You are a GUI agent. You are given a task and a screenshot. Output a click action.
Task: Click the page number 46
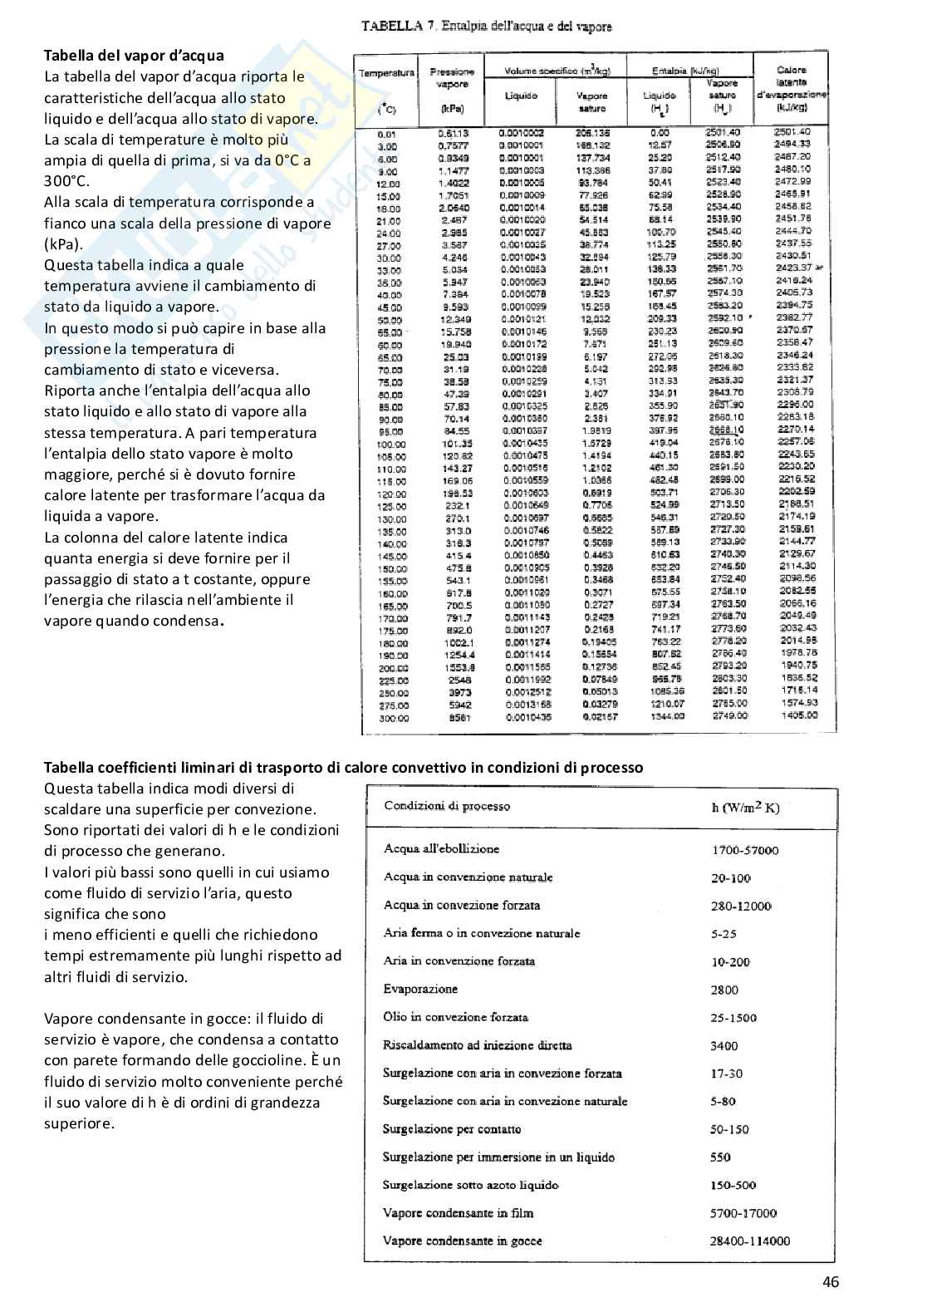[x=831, y=1282]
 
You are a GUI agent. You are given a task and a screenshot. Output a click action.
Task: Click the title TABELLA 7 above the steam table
[x=487, y=27]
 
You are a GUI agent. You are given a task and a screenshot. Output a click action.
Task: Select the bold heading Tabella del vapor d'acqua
[x=134, y=56]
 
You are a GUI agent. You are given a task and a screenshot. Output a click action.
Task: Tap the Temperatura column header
[x=386, y=73]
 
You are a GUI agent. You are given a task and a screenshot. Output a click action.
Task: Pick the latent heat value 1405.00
[x=799, y=715]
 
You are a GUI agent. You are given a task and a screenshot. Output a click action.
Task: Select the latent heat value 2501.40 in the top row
[x=792, y=131]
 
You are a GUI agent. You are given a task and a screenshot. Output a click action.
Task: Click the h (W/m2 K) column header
[x=745, y=808]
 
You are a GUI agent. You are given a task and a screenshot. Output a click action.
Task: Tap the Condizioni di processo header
[x=447, y=806]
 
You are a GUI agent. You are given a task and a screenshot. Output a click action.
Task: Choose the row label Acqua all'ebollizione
[x=441, y=849]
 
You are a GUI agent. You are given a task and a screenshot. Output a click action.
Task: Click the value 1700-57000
[x=745, y=850]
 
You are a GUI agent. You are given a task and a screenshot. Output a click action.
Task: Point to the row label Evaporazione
[x=420, y=989]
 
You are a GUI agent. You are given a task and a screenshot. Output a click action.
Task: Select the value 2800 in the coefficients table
[x=724, y=990]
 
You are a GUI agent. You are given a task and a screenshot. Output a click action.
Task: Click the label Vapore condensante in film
[x=458, y=1213]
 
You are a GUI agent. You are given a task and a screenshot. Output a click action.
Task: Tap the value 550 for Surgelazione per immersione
[x=720, y=1157]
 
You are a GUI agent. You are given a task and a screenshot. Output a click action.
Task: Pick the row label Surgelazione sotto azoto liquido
[x=470, y=1185]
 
